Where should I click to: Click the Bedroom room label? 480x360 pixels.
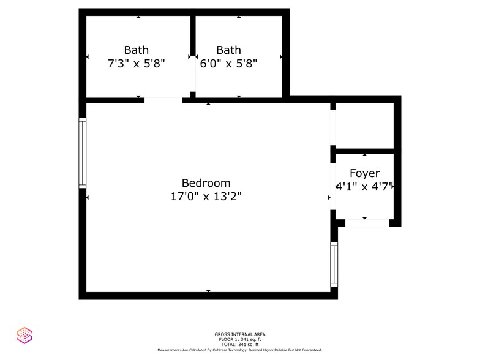point(206,183)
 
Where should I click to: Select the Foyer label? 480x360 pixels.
point(364,174)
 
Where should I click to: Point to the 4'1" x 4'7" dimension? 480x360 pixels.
point(364,187)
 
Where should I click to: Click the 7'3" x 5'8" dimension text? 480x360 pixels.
point(136,62)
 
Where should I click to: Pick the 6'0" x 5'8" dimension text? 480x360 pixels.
point(228,62)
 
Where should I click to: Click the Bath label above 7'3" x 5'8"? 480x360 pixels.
point(136,50)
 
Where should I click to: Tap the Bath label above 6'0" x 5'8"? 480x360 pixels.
point(228,50)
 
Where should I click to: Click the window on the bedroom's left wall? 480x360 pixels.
point(82,152)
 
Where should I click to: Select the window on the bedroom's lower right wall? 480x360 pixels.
point(334,264)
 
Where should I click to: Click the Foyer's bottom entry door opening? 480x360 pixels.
point(366,223)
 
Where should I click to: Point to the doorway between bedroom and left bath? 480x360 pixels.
point(163,99)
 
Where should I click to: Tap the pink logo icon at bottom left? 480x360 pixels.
point(24,335)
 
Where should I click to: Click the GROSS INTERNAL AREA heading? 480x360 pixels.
point(239,334)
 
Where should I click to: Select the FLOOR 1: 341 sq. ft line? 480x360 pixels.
point(239,340)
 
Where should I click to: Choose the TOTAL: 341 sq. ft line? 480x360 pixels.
point(239,345)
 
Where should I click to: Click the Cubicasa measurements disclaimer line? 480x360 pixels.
point(239,350)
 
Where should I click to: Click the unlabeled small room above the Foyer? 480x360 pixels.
point(364,125)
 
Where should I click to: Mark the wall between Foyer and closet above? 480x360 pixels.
point(364,151)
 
